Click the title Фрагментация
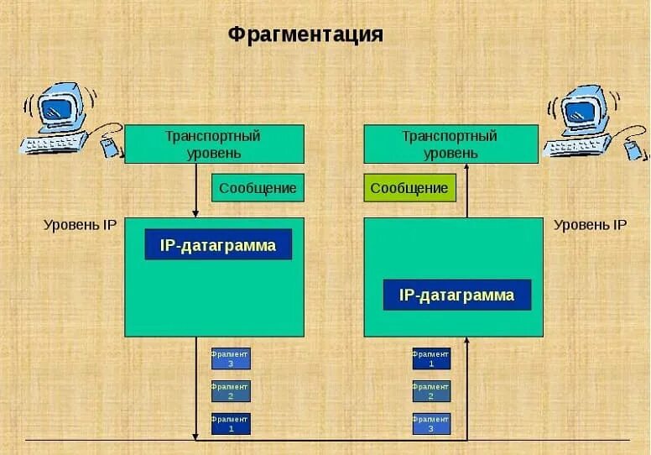[305, 34]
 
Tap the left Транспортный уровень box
[214, 144]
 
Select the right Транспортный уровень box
[450, 144]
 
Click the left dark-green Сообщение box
[258, 188]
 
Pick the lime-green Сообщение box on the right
[409, 188]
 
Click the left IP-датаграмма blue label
[218, 244]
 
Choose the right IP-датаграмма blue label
[457, 295]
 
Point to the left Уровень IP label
[80, 225]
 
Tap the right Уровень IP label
[590, 225]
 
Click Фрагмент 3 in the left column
[231, 358]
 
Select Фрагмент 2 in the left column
[231, 391]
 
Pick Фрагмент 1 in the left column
[231, 423]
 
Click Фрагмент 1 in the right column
[431, 358]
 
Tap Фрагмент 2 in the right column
[431, 391]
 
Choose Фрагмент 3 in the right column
[431, 423]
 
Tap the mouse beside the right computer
[635, 149]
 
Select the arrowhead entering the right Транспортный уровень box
[467, 168]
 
